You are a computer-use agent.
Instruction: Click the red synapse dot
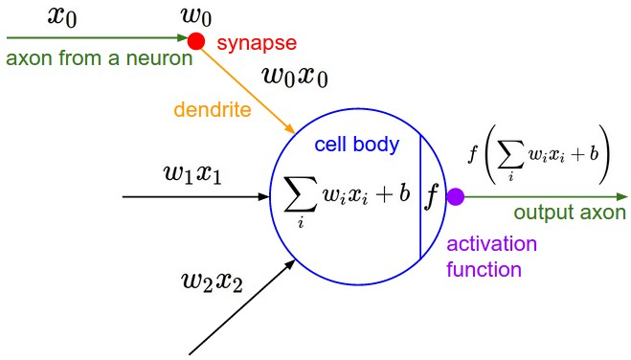click(196, 40)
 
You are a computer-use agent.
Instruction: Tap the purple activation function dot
click(456, 196)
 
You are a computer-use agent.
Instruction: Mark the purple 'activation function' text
click(492, 257)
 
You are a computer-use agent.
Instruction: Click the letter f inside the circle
click(432, 195)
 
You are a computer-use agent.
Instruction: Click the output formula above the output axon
click(538, 152)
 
